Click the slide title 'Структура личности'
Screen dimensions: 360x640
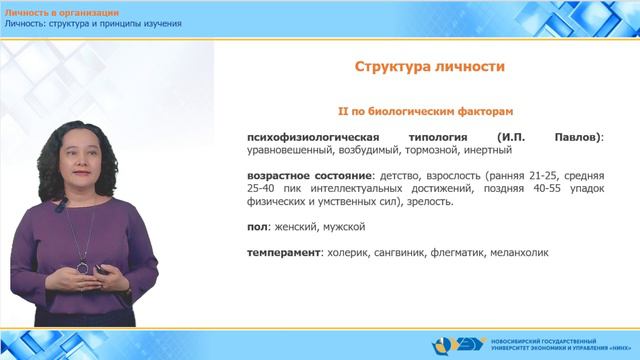coord(429,67)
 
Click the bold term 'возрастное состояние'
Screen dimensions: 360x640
coord(301,176)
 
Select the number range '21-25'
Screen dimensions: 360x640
coord(537,176)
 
